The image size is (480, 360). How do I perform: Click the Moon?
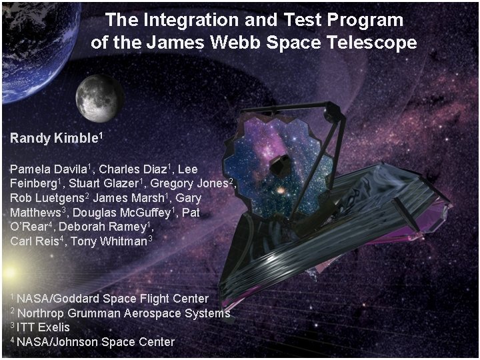point(99,97)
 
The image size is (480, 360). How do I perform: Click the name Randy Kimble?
point(53,139)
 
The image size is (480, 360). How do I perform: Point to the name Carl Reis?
point(33,241)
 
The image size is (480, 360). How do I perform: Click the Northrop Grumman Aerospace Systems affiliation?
point(123,313)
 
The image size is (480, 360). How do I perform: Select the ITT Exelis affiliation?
point(43,327)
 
